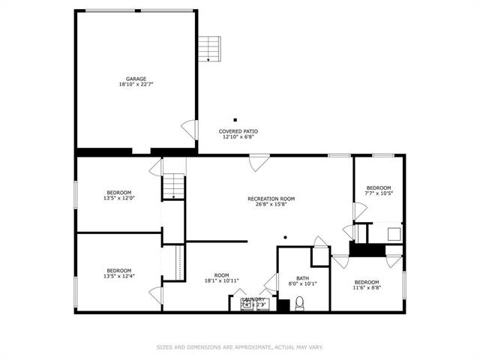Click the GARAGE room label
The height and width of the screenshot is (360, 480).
[x=136, y=79]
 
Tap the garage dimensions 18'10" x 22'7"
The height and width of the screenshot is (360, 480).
[x=136, y=85]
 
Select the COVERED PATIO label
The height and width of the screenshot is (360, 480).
[x=238, y=131]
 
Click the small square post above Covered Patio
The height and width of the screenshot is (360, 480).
[x=235, y=119]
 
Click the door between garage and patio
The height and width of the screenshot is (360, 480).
[x=190, y=130]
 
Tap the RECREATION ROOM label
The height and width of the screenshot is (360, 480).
[x=271, y=199]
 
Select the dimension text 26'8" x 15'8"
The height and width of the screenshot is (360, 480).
[x=271, y=205]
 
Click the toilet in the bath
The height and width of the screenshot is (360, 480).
[x=299, y=303]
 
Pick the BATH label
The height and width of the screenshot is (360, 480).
[x=292, y=277]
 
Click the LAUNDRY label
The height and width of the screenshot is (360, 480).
[x=253, y=299]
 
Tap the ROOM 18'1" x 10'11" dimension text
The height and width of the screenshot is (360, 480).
[x=221, y=281]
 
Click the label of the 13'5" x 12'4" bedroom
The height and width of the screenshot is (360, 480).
[x=118, y=271]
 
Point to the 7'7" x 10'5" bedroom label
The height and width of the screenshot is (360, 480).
[x=379, y=187]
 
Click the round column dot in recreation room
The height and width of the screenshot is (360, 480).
[x=285, y=238]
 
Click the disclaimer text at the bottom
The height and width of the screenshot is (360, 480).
[x=239, y=347]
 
